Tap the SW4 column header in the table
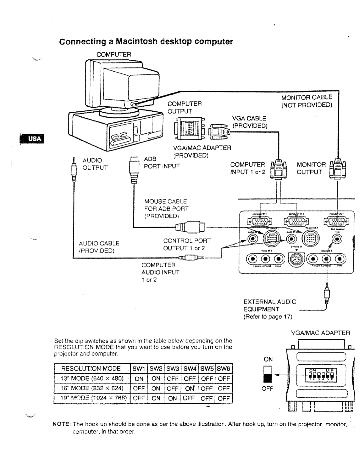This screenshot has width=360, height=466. [189, 368]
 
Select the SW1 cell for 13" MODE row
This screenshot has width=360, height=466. [139, 379]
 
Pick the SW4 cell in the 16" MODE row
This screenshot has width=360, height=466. [190, 388]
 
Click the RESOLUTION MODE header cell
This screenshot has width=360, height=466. [91, 368]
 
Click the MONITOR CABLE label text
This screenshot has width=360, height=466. [307, 97]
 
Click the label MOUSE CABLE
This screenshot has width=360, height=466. [165, 201]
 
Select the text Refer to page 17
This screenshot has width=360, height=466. [268, 317]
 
